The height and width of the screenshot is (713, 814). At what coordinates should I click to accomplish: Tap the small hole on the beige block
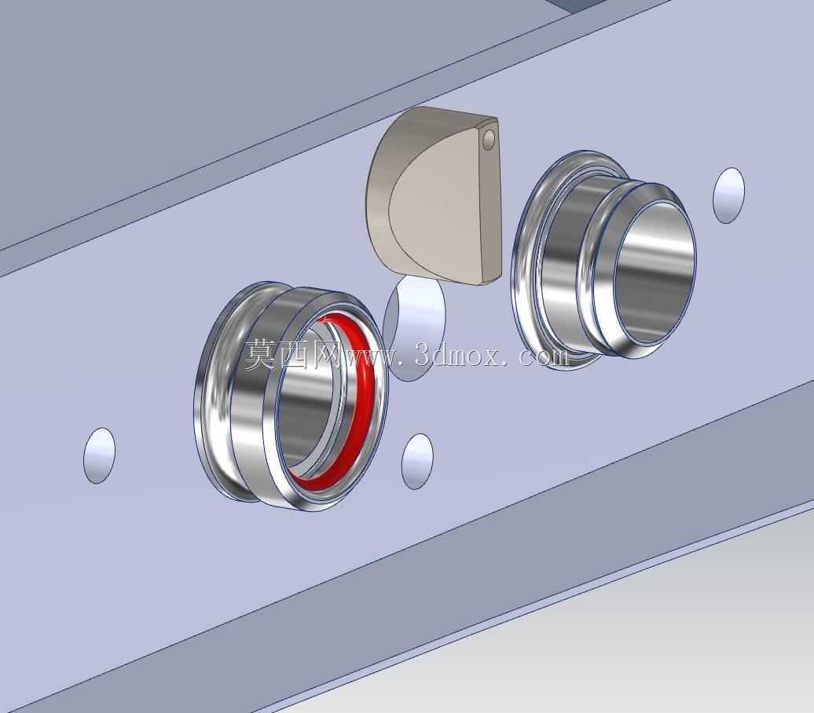coord(489,139)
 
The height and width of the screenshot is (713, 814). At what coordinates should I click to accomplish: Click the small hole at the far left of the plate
coord(99,455)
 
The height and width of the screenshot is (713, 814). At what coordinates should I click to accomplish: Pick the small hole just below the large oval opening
coord(417,461)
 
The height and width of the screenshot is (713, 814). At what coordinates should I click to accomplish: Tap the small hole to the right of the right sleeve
coord(729,195)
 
